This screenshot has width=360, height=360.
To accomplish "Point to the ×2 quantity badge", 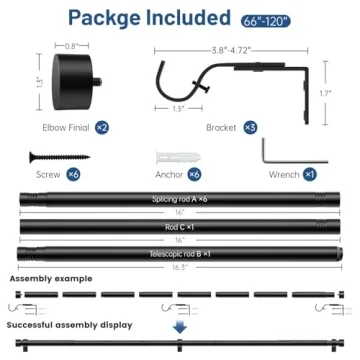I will [x=103, y=129].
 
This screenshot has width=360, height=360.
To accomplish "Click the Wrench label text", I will [x=284, y=174].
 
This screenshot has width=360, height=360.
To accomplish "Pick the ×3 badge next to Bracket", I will [x=250, y=129].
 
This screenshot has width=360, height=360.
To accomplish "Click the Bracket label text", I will [x=221, y=129].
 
